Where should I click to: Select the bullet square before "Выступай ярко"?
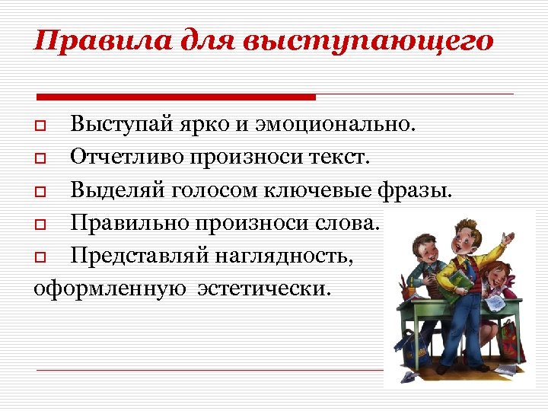pos(41,124)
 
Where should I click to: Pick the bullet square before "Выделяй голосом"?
pos(41,191)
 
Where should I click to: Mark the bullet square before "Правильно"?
pos(41,225)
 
